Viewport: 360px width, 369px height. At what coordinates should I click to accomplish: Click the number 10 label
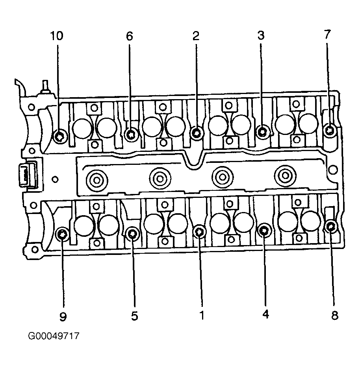[56, 36]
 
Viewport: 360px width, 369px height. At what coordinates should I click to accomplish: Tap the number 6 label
[130, 36]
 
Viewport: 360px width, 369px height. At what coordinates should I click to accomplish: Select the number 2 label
[196, 36]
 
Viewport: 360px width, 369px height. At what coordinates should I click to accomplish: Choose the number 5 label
[134, 316]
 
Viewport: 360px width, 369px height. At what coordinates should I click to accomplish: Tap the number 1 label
[202, 315]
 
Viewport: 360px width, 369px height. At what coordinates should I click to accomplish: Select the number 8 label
[334, 315]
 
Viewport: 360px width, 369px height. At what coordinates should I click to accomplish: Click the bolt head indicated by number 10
[60, 136]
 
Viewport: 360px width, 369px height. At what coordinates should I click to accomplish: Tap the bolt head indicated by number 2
[196, 133]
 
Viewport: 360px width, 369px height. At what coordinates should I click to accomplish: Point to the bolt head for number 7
[330, 129]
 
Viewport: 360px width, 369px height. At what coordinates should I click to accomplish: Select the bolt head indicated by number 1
[200, 232]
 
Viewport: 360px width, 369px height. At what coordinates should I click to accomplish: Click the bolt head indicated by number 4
[264, 230]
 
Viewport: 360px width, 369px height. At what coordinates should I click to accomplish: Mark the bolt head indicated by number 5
[133, 234]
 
